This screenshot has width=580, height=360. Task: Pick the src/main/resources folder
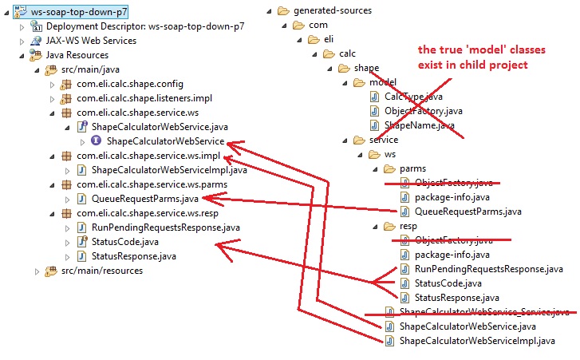click(101, 271)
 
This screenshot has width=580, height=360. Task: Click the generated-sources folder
click(333, 10)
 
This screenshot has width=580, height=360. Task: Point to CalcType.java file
click(413, 97)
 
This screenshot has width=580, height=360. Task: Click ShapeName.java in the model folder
click(419, 125)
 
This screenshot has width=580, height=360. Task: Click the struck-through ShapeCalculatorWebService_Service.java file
click(485, 312)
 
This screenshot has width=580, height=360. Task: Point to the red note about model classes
click(474, 57)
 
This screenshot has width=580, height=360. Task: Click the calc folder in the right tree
click(346, 53)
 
